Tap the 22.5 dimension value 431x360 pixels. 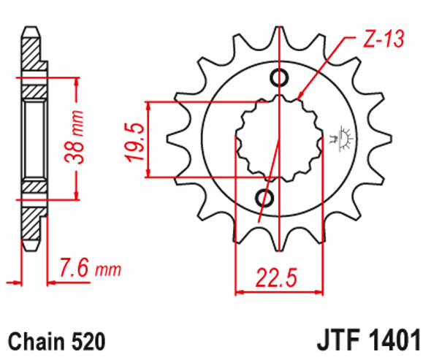(278, 277)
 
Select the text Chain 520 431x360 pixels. (57, 341)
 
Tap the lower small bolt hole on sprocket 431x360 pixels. (266, 198)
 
